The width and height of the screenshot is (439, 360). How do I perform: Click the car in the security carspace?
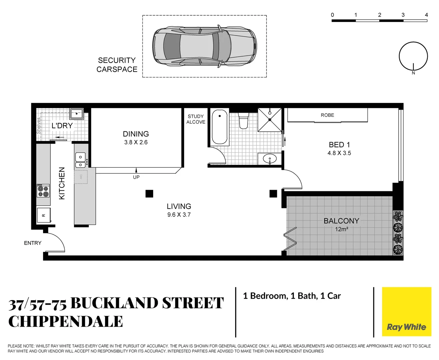click(x=204, y=46)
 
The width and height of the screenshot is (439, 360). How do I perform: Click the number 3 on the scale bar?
click(x=403, y=15)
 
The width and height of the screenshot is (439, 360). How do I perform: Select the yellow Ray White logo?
click(x=406, y=312)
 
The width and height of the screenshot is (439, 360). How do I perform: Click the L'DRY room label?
click(x=62, y=126)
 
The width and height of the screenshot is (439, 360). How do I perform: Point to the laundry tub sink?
click(x=77, y=114)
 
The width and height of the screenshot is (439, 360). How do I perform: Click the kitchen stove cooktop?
click(x=43, y=191)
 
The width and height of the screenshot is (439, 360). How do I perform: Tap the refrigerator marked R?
click(x=44, y=215)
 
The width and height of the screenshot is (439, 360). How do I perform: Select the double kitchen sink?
click(x=80, y=160)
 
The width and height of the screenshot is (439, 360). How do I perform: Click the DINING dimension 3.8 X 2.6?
click(x=136, y=142)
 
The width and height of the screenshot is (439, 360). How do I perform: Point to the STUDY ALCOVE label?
click(x=196, y=119)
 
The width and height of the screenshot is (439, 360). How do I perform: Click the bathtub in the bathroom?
click(x=220, y=127)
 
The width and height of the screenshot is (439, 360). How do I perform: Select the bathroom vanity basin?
click(x=270, y=158)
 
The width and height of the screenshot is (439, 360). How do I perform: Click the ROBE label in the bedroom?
click(x=327, y=115)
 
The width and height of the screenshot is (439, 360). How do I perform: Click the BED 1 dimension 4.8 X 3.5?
click(x=339, y=153)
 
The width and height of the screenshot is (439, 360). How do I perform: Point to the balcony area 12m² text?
click(x=342, y=229)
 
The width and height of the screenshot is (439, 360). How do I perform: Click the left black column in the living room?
click(x=149, y=193)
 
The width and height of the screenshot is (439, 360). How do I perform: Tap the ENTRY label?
click(x=33, y=243)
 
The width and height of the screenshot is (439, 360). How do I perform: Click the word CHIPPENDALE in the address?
click(x=66, y=322)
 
